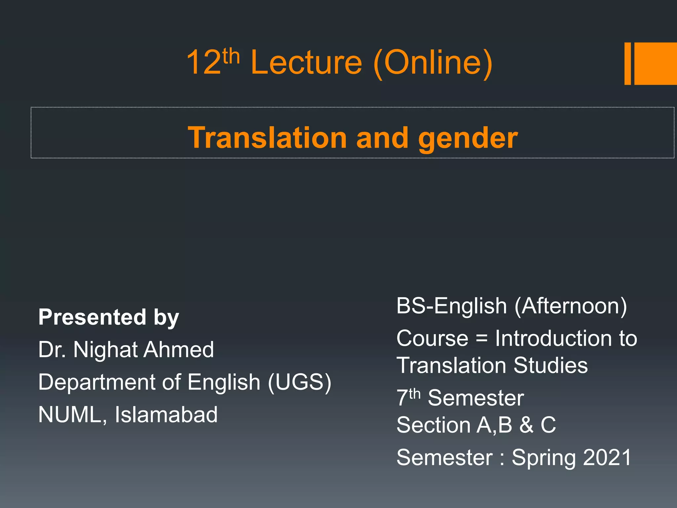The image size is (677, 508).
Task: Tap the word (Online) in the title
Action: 433,63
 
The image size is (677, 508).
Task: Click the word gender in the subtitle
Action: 468,138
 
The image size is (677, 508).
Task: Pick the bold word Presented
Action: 92,317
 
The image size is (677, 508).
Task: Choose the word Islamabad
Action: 166,414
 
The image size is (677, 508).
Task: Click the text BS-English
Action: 451,306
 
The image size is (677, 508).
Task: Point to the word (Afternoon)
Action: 571,306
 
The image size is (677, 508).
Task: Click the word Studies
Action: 551,365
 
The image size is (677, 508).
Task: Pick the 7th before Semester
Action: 409,397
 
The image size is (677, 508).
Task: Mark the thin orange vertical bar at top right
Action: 627,63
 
